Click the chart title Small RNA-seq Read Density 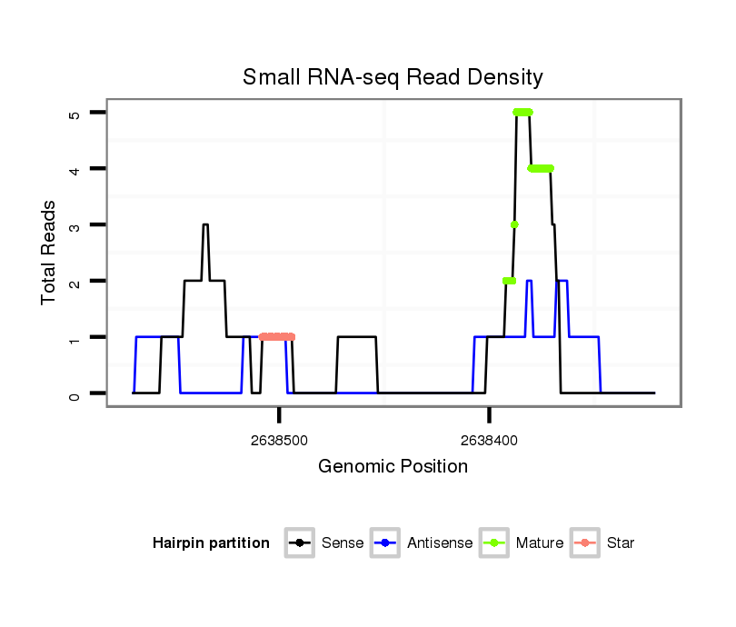(393, 77)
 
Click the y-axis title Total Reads (49, 252)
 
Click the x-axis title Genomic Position (393, 467)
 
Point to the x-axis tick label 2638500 (279, 440)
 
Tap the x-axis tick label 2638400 (489, 440)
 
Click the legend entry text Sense (343, 543)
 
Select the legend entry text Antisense (441, 543)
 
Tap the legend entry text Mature (539, 543)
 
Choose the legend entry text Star (621, 543)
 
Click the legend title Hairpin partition (211, 543)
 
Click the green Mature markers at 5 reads (522, 112)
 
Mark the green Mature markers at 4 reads (541, 168)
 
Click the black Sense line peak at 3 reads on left (205, 224)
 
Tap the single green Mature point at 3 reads (514, 224)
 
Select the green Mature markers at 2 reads (509, 281)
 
